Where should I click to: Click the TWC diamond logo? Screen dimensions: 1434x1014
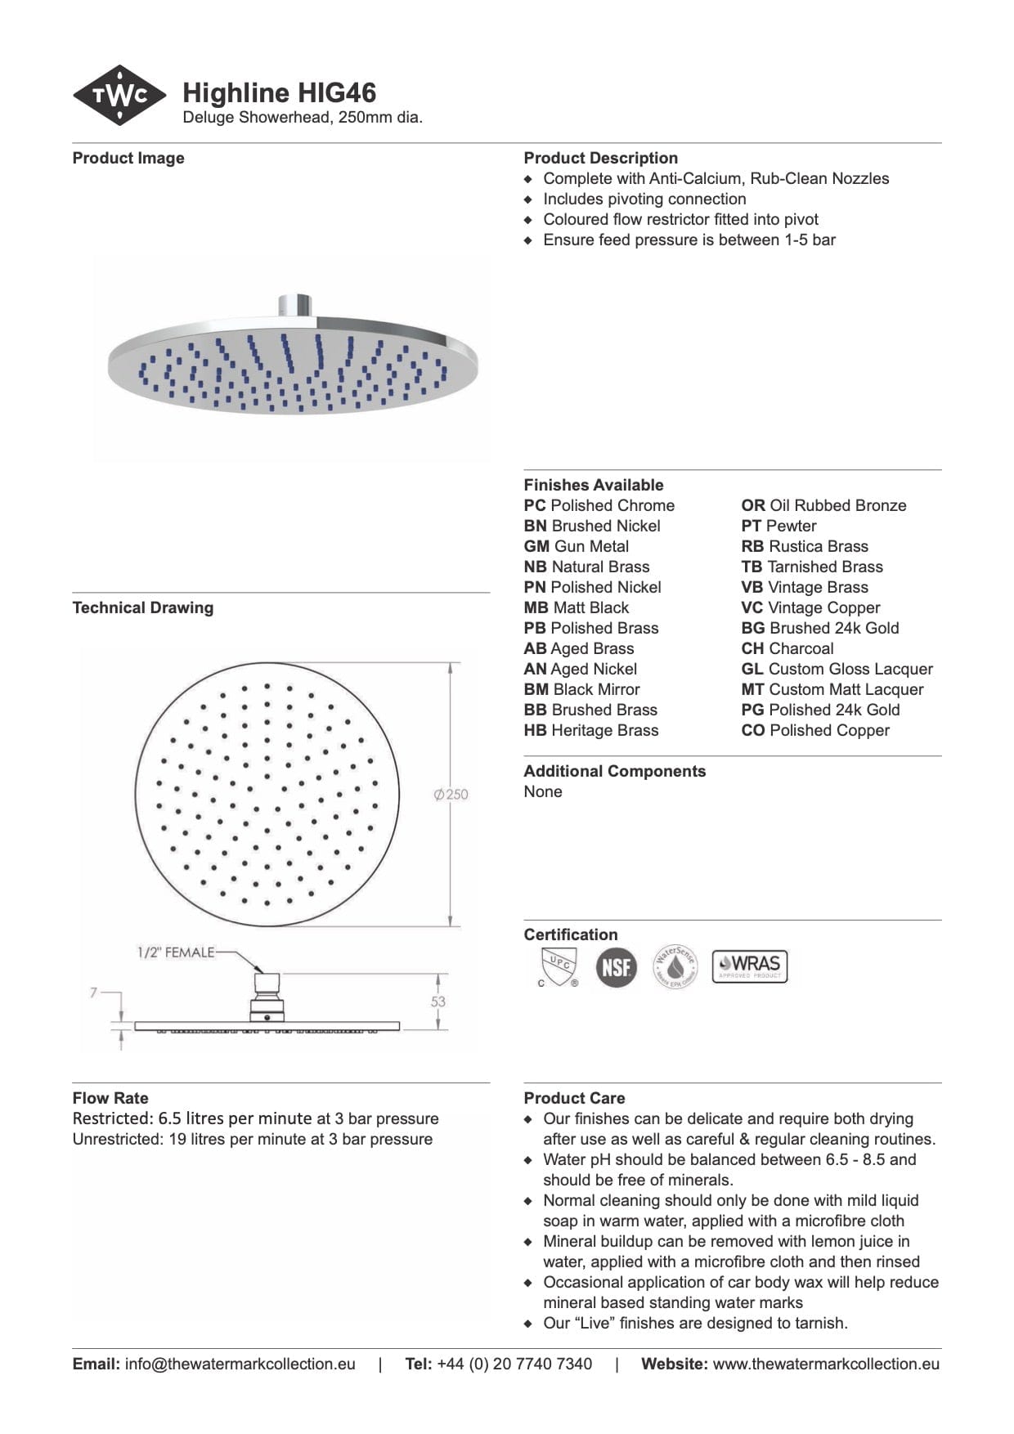point(119,96)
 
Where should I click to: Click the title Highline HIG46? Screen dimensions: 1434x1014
point(279,93)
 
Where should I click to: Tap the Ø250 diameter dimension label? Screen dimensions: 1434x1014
point(451,794)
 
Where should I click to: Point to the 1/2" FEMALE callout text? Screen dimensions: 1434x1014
point(175,952)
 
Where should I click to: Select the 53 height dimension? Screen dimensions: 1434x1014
point(438,1002)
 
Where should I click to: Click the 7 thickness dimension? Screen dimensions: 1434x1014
point(94,993)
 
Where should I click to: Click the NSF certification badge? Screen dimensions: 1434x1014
point(616,967)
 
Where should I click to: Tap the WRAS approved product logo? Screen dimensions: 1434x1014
point(749,966)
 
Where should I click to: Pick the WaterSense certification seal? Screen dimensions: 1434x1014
point(675,967)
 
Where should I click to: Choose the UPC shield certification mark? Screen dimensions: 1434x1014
point(559,966)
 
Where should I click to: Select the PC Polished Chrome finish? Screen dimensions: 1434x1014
point(599,505)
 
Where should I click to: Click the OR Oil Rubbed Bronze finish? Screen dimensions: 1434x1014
point(823,505)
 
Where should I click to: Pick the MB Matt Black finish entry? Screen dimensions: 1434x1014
point(577,607)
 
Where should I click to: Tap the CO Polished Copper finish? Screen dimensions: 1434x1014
point(815,730)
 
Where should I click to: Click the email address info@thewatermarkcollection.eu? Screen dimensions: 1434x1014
point(240,1364)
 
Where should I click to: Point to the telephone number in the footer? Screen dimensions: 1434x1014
point(514,1364)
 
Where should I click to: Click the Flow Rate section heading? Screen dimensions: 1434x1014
point(110,1098)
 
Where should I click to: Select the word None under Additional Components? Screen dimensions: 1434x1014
point(543,791)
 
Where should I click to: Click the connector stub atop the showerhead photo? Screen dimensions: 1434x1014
point(293,305)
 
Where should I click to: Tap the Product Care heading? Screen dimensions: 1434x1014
point(574,1098)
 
